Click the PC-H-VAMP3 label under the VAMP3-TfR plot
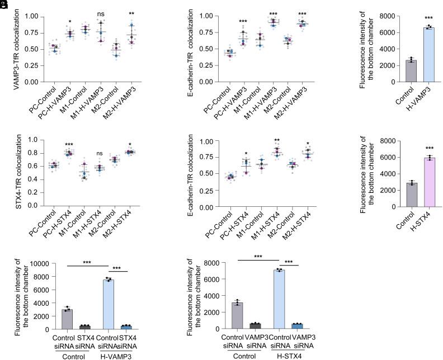point(62,101)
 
